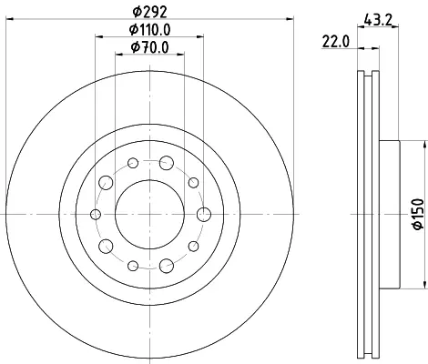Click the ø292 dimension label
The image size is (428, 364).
(150, 12)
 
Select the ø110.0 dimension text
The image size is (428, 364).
(149, 29)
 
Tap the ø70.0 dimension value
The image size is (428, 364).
(149, 47)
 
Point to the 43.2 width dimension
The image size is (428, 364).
(378, 20)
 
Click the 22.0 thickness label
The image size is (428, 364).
(335, 41)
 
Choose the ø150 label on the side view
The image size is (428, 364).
(418, 214)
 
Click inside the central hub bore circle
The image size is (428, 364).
(149, 215)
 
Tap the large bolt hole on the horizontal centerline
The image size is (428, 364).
(204, 215)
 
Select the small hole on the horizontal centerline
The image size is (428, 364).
(96, 215)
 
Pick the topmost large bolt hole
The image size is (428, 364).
(167, 163)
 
